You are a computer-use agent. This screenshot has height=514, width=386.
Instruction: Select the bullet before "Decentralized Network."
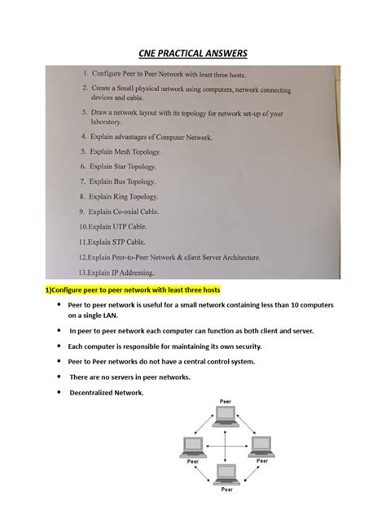59,392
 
